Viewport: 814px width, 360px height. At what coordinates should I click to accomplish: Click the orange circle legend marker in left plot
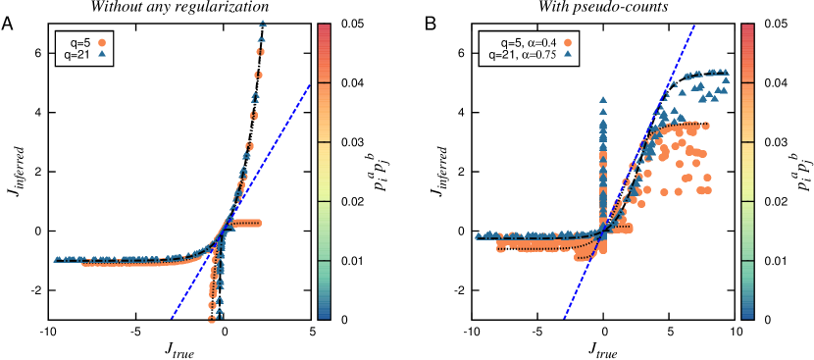[x=101, y=42]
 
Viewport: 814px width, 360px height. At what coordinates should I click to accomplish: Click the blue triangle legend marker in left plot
[x=101, y=54]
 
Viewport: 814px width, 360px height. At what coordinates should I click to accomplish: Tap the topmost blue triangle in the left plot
[x=262, y=22]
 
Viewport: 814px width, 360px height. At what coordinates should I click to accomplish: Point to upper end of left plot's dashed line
[x=310, y=85]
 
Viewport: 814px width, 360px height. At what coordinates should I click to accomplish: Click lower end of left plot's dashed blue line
[x=171, y=318]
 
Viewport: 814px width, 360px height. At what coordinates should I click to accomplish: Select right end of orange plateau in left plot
[x=258, y=223]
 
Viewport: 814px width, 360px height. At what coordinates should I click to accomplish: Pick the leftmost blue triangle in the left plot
[x=57, y=259]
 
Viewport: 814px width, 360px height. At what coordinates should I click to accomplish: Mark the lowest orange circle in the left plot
[x=212, y=319]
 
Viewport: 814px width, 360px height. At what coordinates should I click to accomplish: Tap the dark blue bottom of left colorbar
[x=324, y=315]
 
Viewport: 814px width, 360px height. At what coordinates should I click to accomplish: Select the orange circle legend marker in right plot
[x=568, y=42]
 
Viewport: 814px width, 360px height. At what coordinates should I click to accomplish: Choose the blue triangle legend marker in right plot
[x=568, y=54]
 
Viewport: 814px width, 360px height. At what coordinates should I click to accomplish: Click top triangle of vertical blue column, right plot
[x=602, y=99]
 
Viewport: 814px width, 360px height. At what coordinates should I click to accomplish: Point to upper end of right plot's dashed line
[x=695, y=26]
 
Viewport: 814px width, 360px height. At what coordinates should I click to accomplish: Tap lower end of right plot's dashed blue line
[x=563, y=318]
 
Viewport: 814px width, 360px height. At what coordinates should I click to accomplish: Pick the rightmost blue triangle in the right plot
[x=726, y=79]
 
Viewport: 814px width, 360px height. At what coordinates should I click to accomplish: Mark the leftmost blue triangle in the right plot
[x=479, y=235]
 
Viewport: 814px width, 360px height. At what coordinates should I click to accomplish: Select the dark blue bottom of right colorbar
[x=747, y=315]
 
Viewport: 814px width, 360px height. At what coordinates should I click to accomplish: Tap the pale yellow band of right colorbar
[x=747, y=172]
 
